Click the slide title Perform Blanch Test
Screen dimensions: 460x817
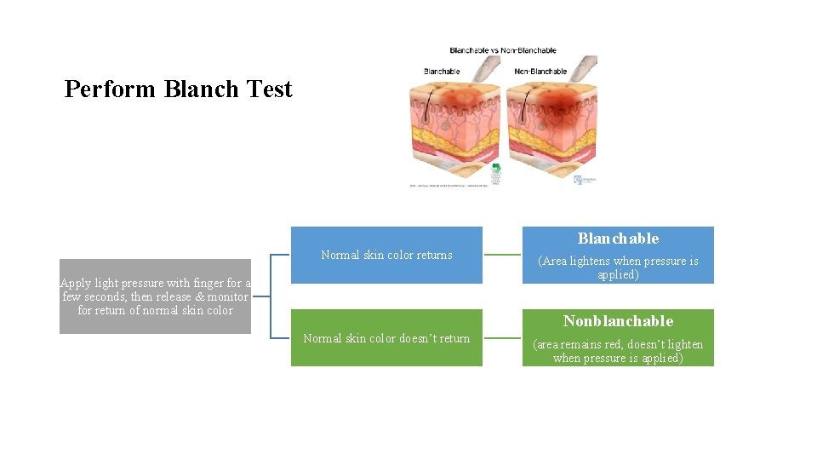(178, 89)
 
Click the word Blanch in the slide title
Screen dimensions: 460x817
(195, 89)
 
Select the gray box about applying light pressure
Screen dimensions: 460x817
(155, 296)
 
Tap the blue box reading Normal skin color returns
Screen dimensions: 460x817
(386, 255)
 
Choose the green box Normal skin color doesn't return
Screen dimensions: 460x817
(386, 338)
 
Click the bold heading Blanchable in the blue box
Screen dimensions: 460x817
(618, 239)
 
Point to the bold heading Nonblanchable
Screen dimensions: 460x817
(618, 321)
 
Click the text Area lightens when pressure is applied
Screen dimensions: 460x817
(618, 267)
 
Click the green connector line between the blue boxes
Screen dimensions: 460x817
(502, 255)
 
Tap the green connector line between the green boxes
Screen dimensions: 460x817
(502, 338)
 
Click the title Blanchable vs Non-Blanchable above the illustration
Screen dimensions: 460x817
(491, 51)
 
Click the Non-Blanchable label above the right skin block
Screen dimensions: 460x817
(540, 72)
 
